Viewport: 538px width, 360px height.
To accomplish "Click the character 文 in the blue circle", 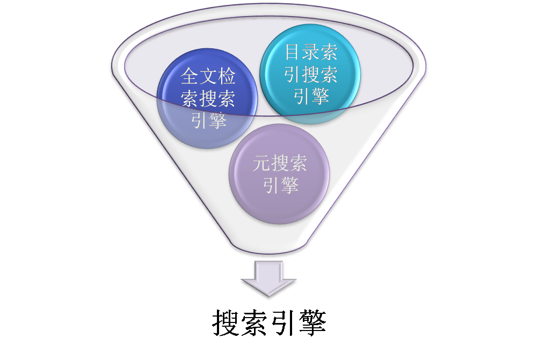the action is pyautogui.click(x=209, y=77).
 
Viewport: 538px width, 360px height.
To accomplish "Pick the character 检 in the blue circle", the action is pyautogui.click(x=227, y=77).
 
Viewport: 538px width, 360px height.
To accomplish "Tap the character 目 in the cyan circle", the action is pyautogui.click(x=293, y=52).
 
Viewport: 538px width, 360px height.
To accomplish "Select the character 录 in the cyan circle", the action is pyautogui.click(x=311, y=52).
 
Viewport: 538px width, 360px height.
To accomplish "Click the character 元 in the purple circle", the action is pyautogui.click(x=261, y=163).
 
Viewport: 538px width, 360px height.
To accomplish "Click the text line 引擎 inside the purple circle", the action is pyautogui.click(x=280, y=185).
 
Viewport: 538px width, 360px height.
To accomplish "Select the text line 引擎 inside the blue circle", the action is pyautogui.click(x=209, y=120).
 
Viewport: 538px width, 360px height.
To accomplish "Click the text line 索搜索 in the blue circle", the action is pyautogui.click(x=209, y=98).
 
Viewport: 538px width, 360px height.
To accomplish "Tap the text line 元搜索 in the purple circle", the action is pyautogui.click(x=280, y=163).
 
